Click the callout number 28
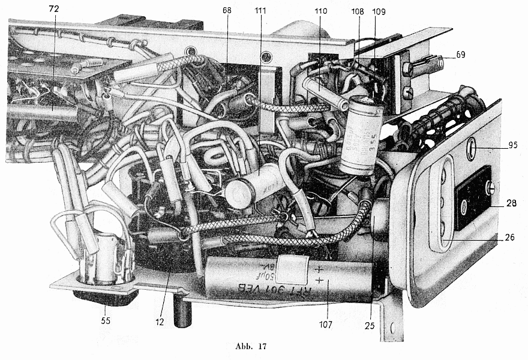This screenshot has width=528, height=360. click(x=512, y=205)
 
